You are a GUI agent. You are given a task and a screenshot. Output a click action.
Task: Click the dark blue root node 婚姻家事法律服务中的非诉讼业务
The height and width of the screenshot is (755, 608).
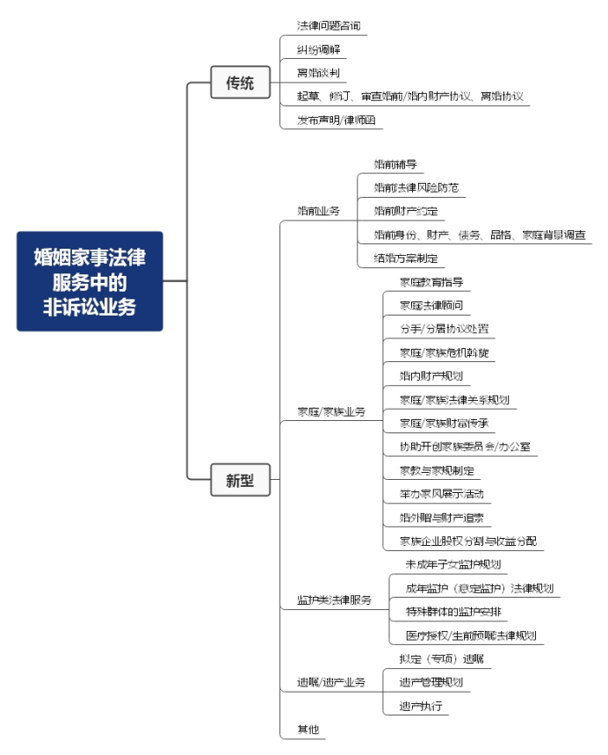90,280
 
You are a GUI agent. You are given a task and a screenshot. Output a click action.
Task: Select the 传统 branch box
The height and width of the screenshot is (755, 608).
240,83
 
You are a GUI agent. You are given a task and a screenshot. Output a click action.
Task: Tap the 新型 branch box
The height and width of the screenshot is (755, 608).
240,480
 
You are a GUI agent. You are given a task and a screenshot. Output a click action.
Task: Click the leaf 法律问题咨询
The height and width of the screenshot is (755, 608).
329,25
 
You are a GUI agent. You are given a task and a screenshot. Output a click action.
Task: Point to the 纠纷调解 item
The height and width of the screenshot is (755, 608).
318,49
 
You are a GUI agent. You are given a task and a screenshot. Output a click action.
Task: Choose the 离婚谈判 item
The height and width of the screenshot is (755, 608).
318,73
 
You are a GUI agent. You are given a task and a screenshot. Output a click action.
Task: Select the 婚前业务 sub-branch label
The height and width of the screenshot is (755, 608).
318,211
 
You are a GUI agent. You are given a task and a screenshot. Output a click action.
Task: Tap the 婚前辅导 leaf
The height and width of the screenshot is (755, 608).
395,164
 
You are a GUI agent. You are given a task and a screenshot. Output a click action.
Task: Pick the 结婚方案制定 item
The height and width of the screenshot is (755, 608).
405,258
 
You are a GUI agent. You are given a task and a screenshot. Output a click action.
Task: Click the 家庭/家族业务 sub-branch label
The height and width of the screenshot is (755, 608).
331,411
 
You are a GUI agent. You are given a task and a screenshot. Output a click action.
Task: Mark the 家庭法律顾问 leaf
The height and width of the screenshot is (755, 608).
431,306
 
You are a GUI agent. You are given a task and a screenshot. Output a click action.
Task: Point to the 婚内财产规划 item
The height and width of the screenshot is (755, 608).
431,376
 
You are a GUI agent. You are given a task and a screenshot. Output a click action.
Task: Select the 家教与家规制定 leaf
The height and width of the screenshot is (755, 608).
437,470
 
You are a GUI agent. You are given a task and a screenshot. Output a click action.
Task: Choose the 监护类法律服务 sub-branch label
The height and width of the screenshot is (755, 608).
334,600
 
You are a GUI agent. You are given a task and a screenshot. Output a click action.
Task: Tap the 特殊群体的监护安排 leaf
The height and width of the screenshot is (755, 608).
456,612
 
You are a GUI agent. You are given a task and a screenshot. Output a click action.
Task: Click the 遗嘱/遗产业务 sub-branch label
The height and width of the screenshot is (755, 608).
331,682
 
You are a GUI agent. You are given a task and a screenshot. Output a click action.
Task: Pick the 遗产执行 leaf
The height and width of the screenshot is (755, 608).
420,706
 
